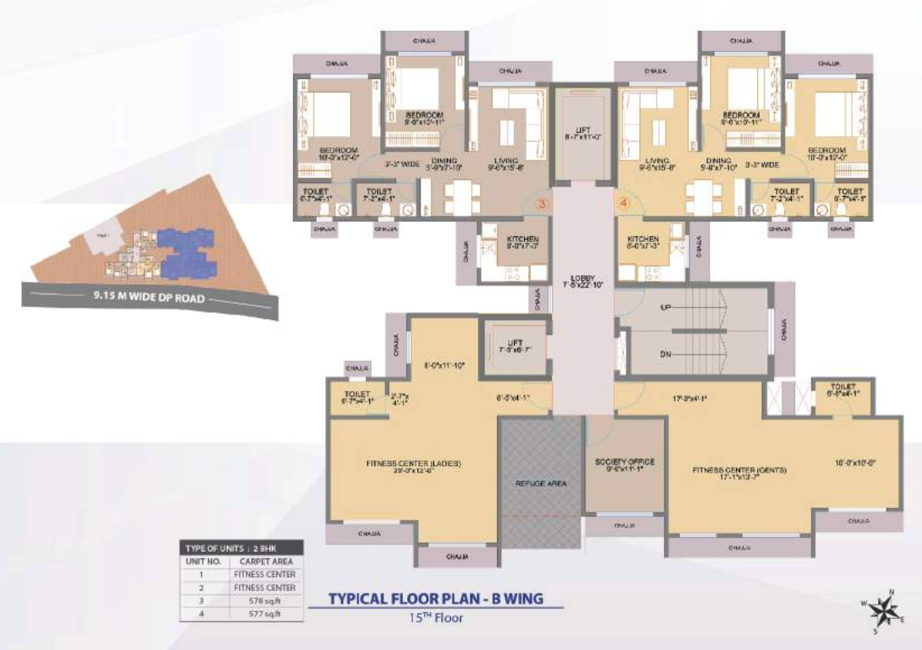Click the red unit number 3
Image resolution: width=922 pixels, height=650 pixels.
click(x=542, y=203)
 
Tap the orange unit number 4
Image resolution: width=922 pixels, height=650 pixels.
click(x=623, y=203)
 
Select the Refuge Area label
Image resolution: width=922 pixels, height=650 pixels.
click(x=542, y=484)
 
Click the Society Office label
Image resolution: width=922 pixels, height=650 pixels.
click(x=624, y=462)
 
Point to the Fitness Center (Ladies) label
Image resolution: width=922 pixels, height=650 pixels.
click(x=413, y=463)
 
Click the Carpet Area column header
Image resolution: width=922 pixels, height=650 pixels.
click(x=265, y=561)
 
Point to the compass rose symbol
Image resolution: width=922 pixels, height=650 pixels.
click(x=884, y=607)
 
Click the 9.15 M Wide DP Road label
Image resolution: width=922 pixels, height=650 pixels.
click(x=151, y=296)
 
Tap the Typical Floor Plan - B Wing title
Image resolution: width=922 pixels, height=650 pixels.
click(x=435, y=600)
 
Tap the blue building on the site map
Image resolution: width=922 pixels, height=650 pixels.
click(x=188, y=251)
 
